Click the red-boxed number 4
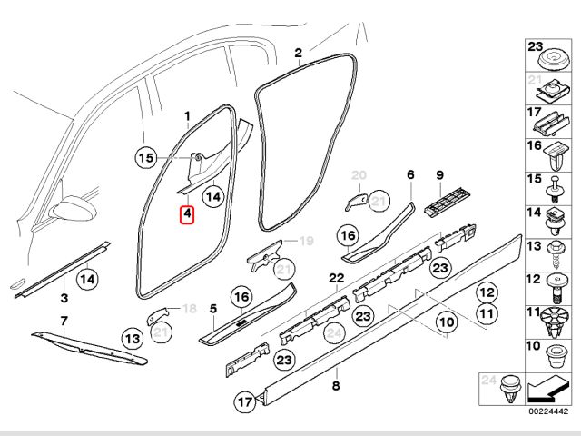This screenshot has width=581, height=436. tap(187, 215)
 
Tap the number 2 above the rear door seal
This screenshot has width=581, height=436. tap(299, 54)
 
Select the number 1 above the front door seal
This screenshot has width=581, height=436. tap(188, 116)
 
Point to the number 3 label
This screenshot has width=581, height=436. tap(64, 297)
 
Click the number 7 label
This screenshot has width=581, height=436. tap(64, 321)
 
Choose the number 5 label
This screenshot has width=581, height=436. tap(212, 308)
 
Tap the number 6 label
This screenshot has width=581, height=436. tap(409, 173)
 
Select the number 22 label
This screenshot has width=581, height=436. tap(336, 277)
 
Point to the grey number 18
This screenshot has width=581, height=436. tap(189, 309)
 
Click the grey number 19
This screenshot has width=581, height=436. tap(306, 241)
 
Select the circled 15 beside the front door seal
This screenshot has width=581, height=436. tap(146, 157)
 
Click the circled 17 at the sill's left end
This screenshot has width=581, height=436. tap(245, 400)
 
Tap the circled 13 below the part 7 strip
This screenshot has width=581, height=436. tap(132, 339)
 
